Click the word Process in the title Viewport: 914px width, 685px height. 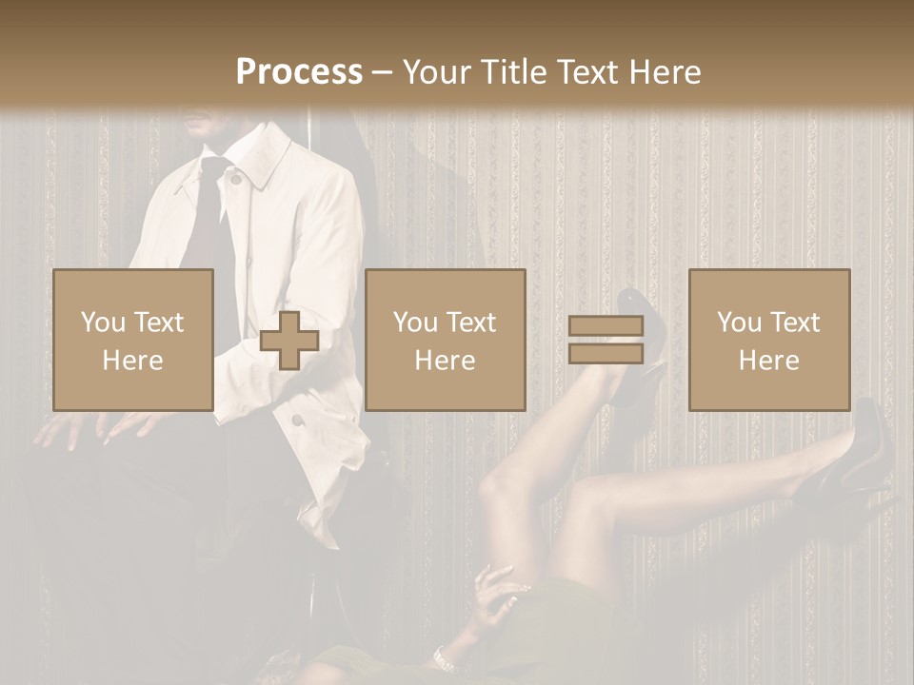coord(299,72)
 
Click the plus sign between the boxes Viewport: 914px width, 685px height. coord(289,341)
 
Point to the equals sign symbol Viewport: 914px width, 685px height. coord(606,341)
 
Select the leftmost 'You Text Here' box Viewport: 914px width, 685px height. coord(133,340)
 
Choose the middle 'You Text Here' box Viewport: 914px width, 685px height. coord(446,340)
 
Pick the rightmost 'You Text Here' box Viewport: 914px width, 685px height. coord(769,340)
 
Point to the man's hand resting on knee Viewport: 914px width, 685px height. coord(71,428)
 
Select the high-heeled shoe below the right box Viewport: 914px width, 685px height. coord(857,457)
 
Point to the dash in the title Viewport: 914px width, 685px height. coord(382,72)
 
